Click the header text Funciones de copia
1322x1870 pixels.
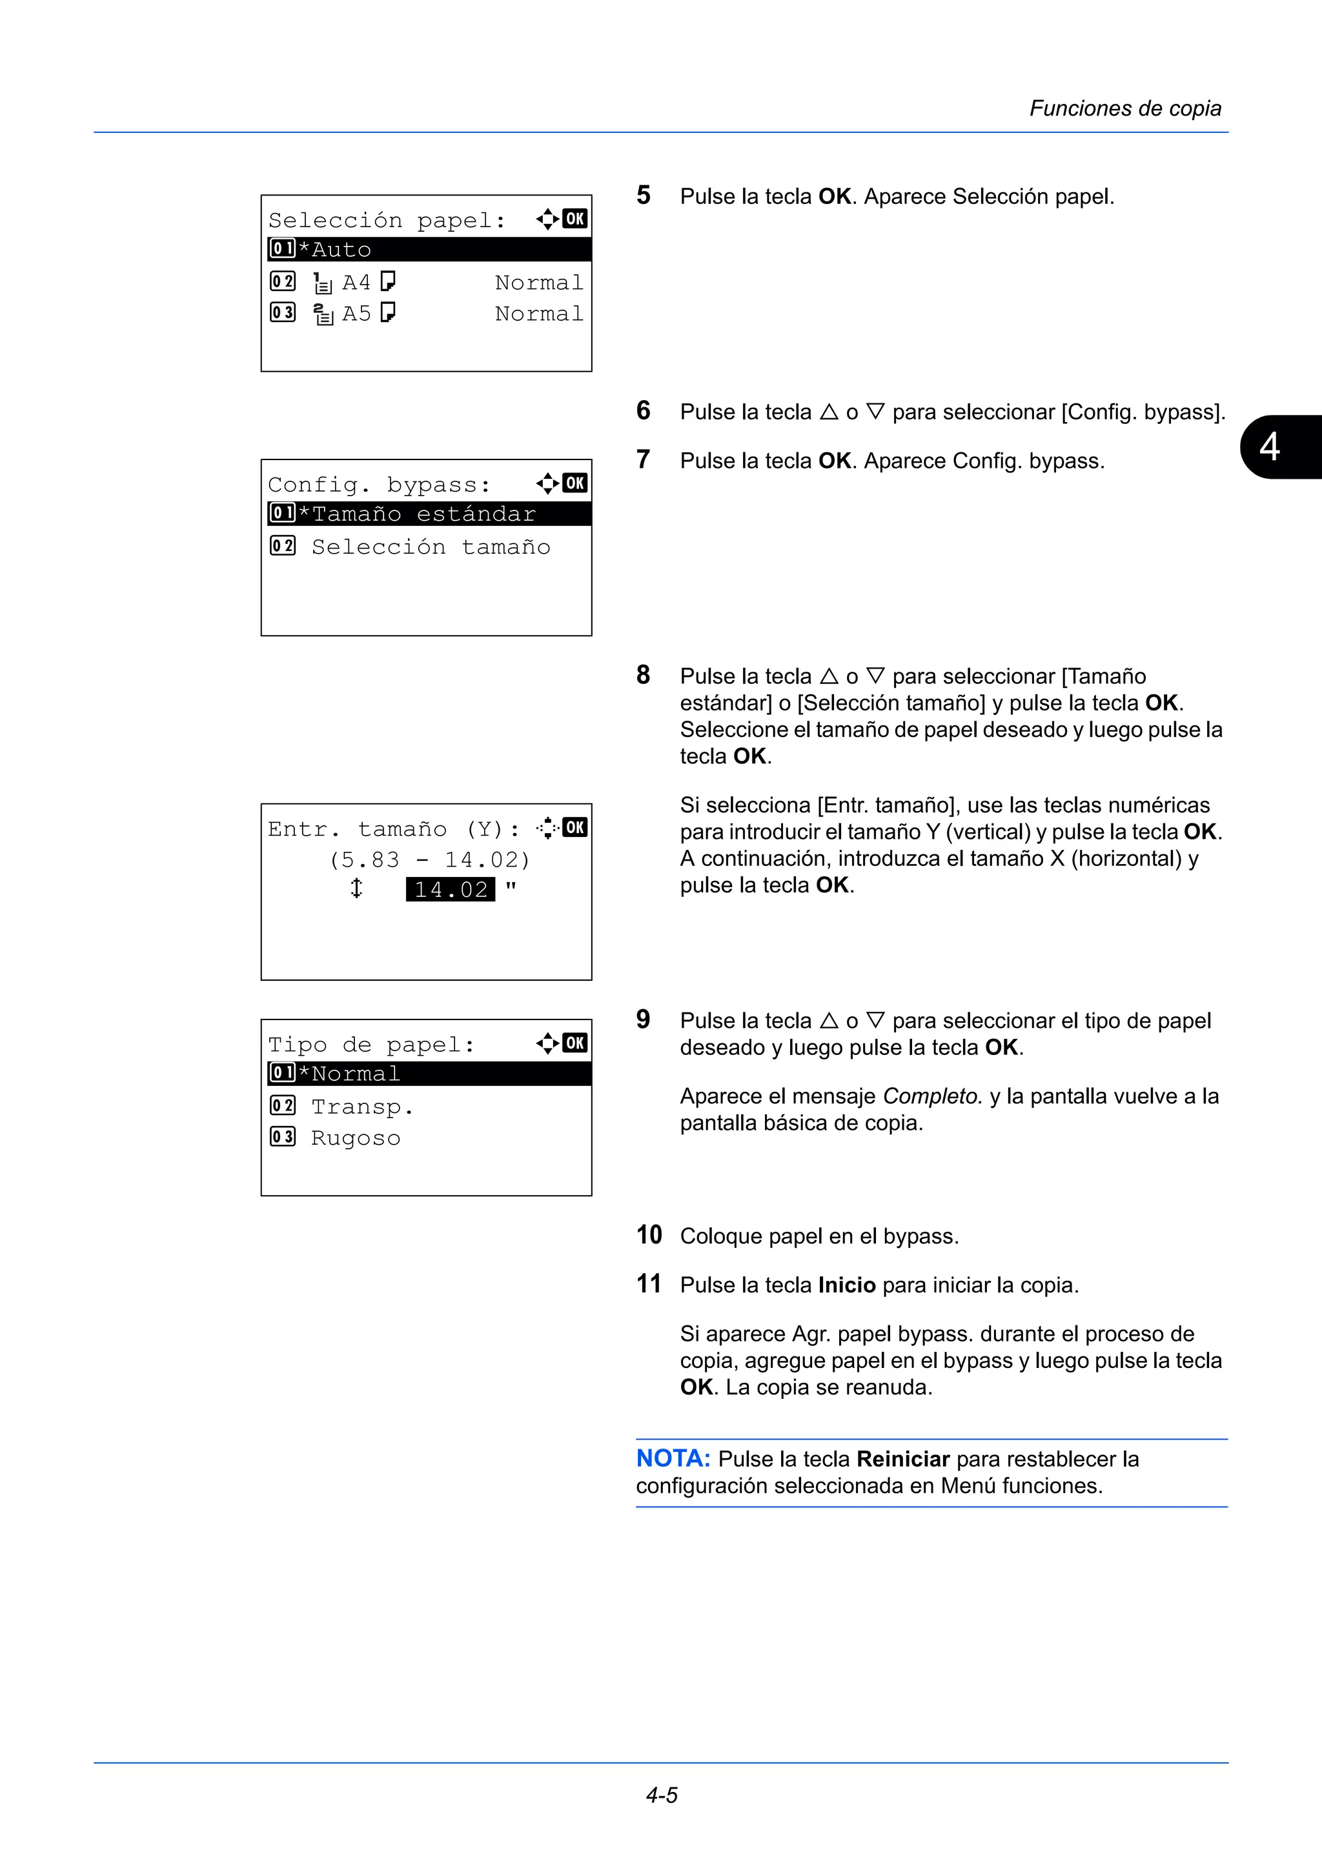(x=1125, y=108)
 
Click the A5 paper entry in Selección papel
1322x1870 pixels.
(x=356, y=314)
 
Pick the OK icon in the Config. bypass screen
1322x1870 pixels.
(x=575, y=483)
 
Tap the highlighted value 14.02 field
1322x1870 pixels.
(x=451, y=889)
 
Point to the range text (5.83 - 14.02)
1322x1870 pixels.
(x=430, y=860)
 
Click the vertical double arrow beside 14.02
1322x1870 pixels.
(x=356, y=889)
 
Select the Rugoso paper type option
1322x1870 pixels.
(x=356, y=1138)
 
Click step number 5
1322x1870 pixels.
(x=644, y=196)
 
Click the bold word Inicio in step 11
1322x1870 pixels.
(x=846, y=1285)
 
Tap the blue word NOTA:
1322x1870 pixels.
(x=673, y=1459)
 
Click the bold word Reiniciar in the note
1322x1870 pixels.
(x=903, y=1459)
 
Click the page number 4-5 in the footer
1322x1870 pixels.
(x=662, y=1795)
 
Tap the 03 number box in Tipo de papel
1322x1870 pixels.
(x=283, y=1137)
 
